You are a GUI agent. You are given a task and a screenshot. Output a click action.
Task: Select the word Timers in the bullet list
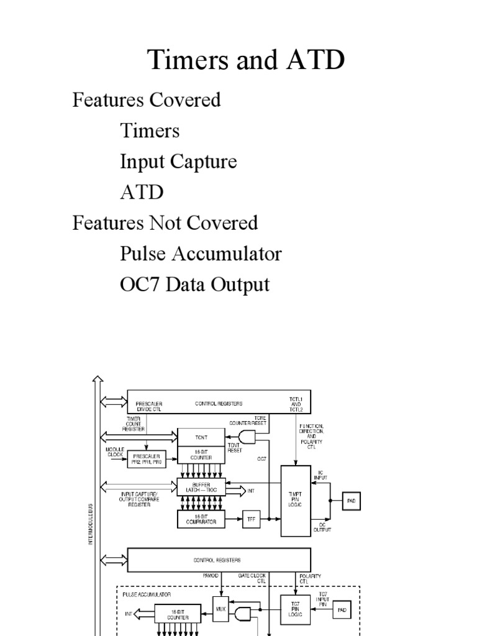(x=150, y=130)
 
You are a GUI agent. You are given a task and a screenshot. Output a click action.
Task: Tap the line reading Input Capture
(x=178, y=161)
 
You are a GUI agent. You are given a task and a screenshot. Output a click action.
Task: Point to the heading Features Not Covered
(x=165, y=222)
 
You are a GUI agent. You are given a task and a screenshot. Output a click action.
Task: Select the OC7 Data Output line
(x=194, y=284)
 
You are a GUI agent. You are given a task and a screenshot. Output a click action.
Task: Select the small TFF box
(x=251, y=519)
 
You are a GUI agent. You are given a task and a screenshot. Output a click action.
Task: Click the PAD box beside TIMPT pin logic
(x=350, y=500)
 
